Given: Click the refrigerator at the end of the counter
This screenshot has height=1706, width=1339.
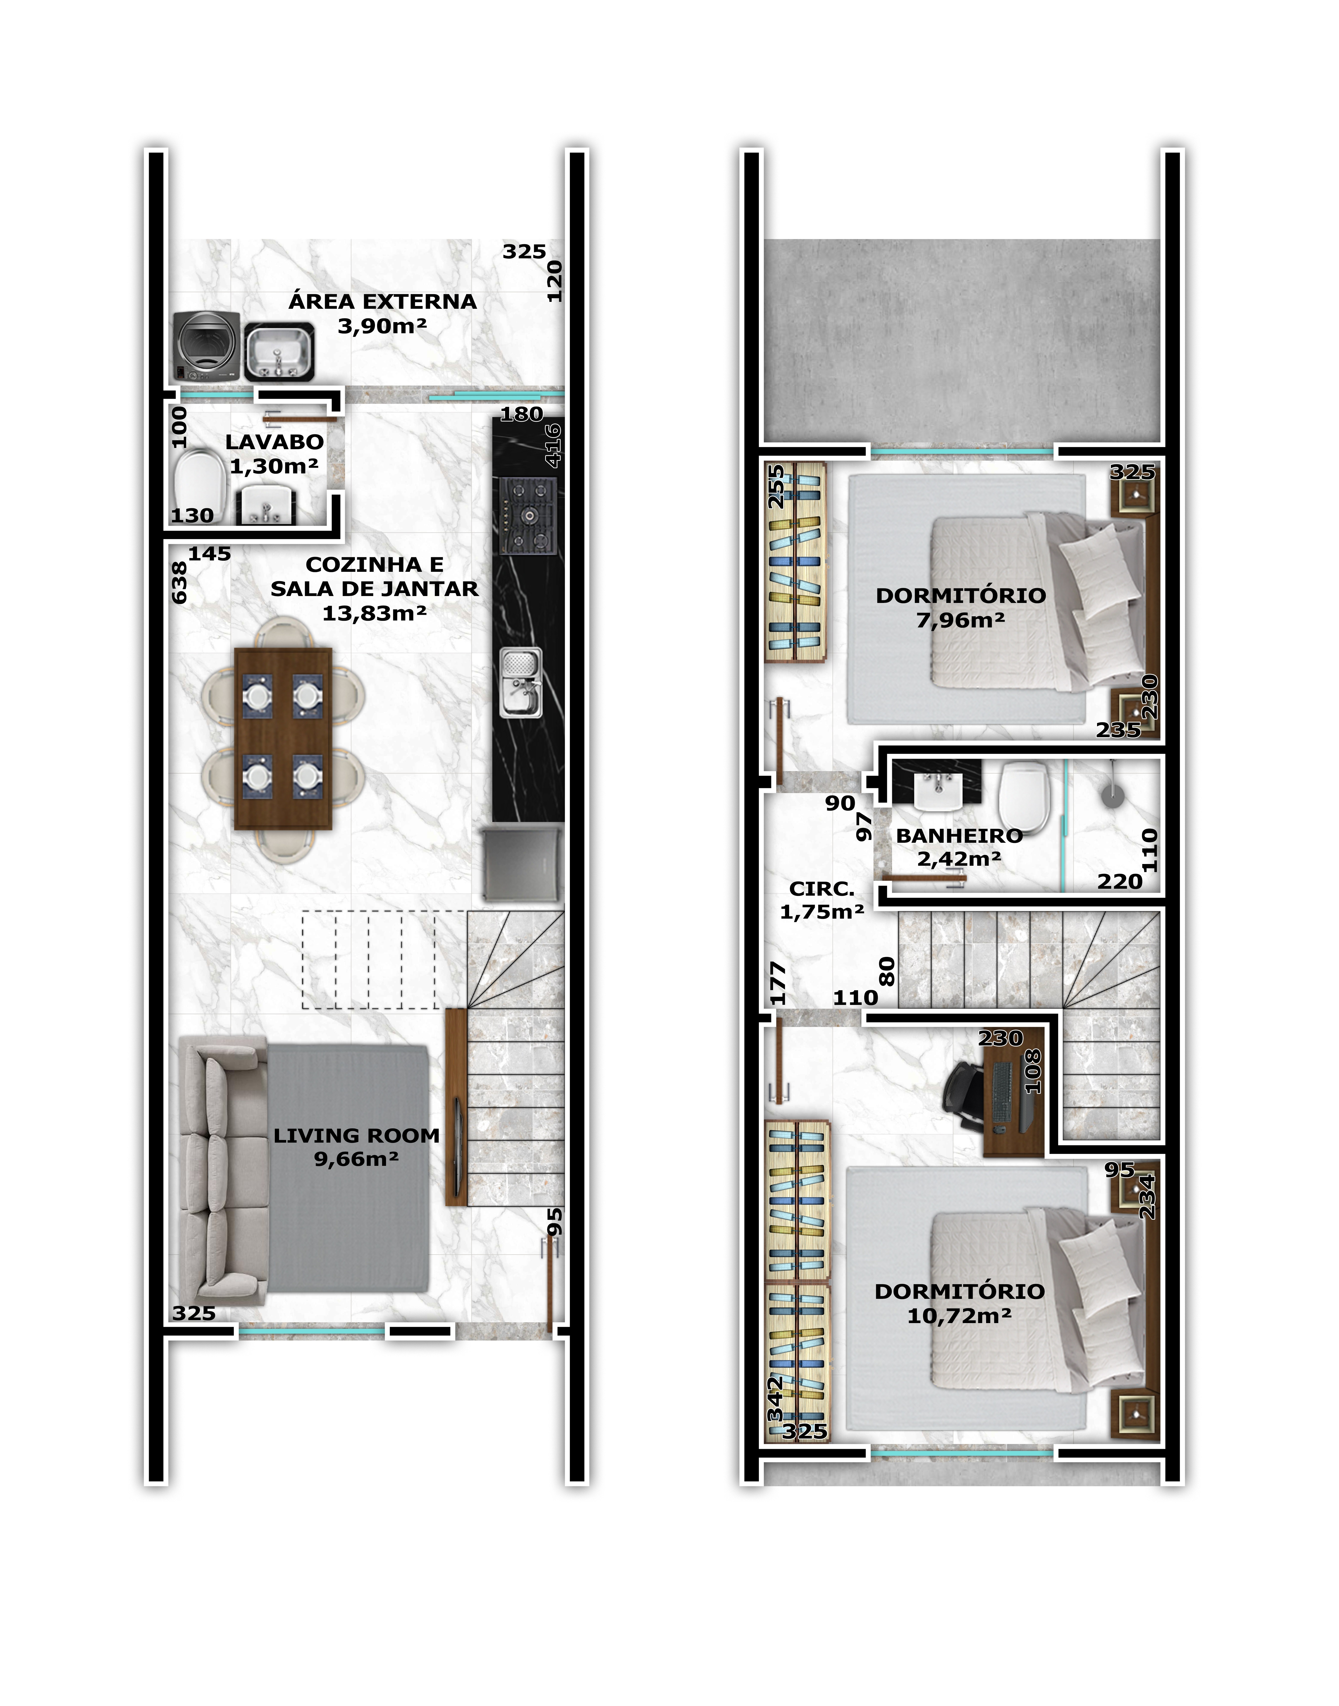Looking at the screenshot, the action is [x=522, y=863].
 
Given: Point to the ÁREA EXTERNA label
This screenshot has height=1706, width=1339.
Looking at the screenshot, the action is [x=383, y=301].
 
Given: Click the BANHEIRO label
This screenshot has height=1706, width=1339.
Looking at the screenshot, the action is [x=960, y=836].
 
